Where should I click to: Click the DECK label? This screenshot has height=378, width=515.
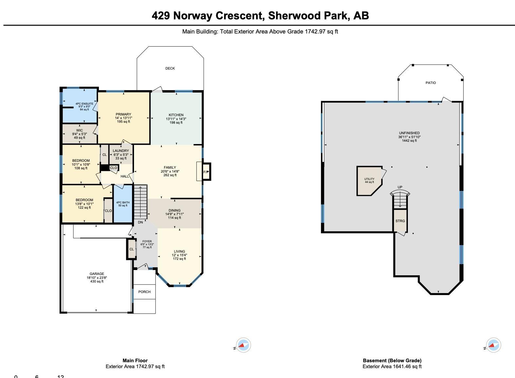(x=170, y=68)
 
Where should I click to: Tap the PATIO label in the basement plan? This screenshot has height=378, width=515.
(x=430, y=83)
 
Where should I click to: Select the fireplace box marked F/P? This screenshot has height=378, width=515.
(x=206, y=172)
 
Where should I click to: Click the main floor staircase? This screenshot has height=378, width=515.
(x=141, y=202)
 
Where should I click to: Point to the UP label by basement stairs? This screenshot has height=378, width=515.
(x=400, y=187)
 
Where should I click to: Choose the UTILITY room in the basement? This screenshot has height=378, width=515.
(x=370, y=181)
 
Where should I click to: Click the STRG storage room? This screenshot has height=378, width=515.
(x=400, y=220)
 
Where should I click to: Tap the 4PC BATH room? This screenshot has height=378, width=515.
(x=123, y=204)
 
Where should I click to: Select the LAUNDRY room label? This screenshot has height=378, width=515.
(x=121, y=151)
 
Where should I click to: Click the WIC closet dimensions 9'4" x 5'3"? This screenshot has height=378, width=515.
(x=80, y=134)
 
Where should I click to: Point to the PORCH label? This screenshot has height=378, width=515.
(x=144, y=292)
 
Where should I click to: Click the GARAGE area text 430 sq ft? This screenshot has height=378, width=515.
(x=97, y=281)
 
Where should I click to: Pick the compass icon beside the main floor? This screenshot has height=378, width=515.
(x=243, y=345)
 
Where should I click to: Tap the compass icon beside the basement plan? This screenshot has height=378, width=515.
(x=493, y=345)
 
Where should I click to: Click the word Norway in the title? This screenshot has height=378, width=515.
(x=192, y=16)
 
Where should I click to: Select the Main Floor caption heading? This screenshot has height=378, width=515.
(x=135, y=361)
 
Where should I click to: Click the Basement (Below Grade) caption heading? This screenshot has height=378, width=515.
(x=392, y=361)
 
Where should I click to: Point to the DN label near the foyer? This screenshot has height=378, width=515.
(x=141, y=222)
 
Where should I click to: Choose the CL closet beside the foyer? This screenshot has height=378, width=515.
(x=131, y=249)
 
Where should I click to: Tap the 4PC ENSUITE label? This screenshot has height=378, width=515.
(x=85, y=104)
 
